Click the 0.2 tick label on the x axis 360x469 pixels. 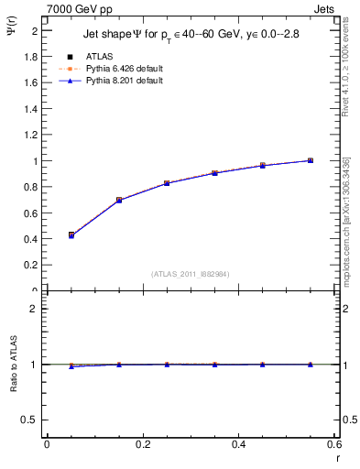[x=142, y=444]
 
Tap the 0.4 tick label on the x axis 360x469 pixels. [x=238, y=444]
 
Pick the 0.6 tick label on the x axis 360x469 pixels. [x=333, y=444]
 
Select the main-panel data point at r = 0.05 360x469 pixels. [x=71, y=235]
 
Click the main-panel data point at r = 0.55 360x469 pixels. [x=311, y=160]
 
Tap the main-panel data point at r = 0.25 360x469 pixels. [x=167, y=183]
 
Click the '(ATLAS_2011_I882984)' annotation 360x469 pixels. [x=191, y=273]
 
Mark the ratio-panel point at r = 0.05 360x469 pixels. [x=71, y=366]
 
